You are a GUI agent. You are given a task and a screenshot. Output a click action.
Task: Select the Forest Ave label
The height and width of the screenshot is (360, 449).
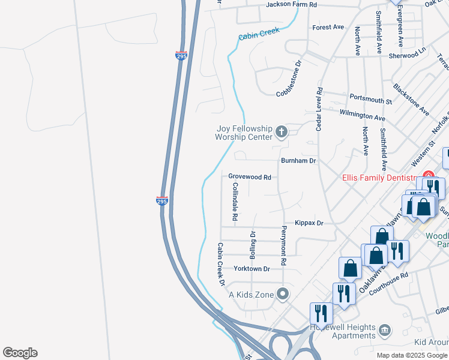pos(328,27)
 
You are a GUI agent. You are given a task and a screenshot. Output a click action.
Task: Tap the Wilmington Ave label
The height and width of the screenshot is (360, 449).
pos(362,115)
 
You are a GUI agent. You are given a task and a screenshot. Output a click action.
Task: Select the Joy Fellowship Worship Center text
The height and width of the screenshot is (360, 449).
pos(244,133)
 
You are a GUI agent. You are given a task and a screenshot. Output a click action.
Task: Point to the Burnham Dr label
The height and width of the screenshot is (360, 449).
pos(298,161)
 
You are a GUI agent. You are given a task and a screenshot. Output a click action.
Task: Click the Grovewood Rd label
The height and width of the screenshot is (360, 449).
pos(250,177)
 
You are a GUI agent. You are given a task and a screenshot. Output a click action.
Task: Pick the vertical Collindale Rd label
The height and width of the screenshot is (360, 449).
pos(235,200)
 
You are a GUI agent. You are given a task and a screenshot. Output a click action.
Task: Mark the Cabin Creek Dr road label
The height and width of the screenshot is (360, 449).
pos(220,265)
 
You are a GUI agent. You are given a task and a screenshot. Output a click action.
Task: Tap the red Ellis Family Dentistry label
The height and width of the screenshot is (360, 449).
pos(379,178)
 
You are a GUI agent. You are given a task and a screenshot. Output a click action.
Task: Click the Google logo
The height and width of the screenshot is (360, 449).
pos(20,353)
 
